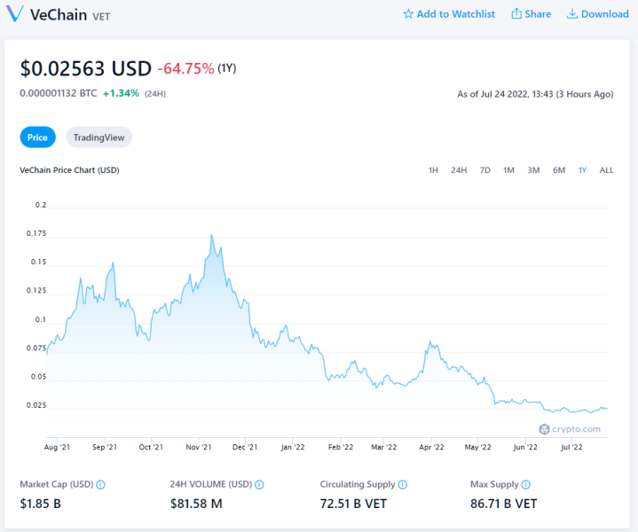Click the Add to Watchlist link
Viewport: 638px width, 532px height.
(x=449, y=14)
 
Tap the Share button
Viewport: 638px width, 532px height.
(x=531, y=14)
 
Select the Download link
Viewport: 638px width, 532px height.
(x=598, y=14)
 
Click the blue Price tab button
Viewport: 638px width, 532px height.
(x=37, y=137)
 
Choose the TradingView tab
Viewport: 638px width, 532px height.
(x=98, y=137)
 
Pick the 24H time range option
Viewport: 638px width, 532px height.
(x=459, y=170)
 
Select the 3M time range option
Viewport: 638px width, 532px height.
(x=533, y=170)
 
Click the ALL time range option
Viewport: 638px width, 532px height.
(x=606, y=170)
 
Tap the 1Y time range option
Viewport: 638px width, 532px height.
(x=582, y=170)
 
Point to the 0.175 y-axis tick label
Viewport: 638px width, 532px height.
(x=36, y=233)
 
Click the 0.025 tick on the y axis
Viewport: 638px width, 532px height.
(x=36, y=405)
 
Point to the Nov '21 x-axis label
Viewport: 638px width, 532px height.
(x=199, y=447)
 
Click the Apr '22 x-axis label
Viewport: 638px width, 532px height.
(x=431, y=447)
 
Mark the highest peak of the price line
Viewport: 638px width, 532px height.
(x=211, y=235)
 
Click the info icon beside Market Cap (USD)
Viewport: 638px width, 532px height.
(x=100, y=485)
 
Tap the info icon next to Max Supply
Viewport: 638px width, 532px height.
(x=525, y=485)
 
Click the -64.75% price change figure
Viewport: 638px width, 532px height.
(x=185, y=68)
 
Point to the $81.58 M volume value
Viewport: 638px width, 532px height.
(x=196, y=504)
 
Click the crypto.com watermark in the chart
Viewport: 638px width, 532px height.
(x=570, y=429)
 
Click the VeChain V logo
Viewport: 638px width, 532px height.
(x=15, y=14)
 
